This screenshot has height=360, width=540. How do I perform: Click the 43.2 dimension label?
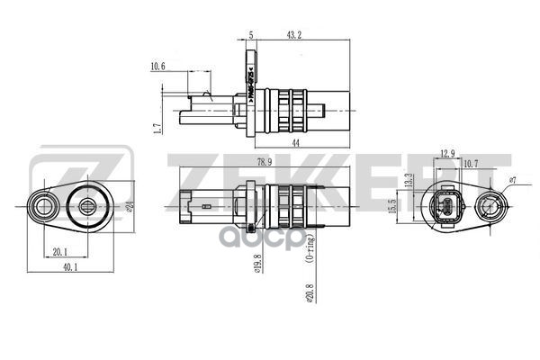293,34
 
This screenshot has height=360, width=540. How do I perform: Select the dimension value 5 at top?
250,34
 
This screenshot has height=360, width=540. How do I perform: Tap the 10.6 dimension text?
158,66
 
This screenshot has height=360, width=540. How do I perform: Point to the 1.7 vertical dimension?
156,129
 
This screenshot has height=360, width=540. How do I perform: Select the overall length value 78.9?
264,163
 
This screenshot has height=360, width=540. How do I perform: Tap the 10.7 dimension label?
470,164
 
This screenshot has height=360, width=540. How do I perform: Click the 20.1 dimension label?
59,252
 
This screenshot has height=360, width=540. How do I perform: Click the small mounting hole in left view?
42,209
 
